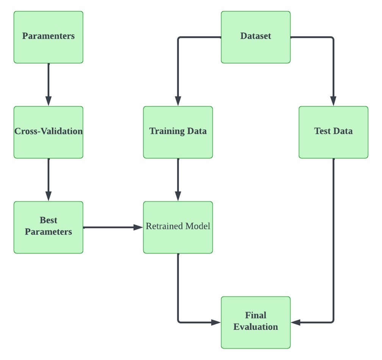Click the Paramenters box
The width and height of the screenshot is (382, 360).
[49, 37]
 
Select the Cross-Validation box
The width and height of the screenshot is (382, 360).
[49, 132]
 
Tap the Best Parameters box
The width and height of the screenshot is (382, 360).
[49, 227]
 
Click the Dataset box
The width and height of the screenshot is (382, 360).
[256, 37]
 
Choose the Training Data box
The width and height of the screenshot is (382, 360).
[178, 132]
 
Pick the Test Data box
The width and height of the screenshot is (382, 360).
[333, 132]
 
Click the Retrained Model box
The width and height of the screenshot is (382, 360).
[178, 227]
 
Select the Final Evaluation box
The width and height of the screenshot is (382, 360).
[256, 322]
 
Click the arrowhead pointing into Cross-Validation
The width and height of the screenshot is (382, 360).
[49, 101]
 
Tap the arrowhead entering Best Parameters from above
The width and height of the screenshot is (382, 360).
[49, 196]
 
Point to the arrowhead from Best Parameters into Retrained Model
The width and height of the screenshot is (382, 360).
[138, 227]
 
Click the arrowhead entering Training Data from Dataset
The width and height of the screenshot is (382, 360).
[178, 101]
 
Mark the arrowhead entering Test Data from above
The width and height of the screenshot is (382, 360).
[333, 101]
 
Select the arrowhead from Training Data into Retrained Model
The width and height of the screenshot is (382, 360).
[178, 196]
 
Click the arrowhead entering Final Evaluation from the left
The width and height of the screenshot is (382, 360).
[216, 322]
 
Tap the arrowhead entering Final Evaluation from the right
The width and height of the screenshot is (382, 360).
[296, 322]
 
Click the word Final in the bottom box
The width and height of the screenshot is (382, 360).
[256, 315]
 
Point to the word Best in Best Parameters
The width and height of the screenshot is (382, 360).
[49, 220]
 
